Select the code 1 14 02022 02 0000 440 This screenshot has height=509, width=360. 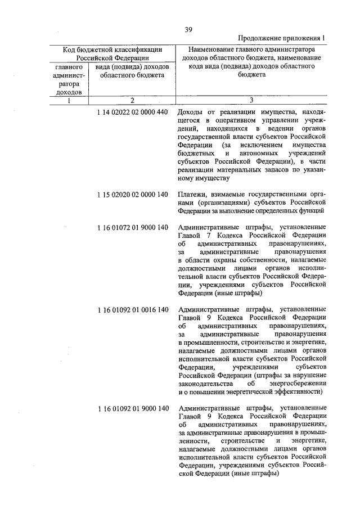pyautogui.click(x=132, y=112)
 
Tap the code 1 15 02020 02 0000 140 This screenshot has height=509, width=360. pyautogui.click(x=132, y=195)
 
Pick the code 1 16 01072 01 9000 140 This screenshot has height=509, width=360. pyautogui.click(x=132, y=227)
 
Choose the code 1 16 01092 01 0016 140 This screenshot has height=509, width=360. pyautogui.click(x=132, y=309)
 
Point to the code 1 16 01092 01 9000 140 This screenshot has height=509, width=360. pyautogui.click(x=132, y=408)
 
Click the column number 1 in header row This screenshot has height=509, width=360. pyautogui.click(x=69, y=100)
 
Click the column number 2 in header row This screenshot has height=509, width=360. pyautogui.click(x=131, y=100)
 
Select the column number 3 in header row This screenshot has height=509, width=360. pyautogui.click(x=251, y=100)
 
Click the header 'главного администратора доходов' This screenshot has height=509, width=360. pyautogui.click(x=69, y=79)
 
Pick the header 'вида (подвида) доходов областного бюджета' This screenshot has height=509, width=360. pyautogui.click(x=132, y=71)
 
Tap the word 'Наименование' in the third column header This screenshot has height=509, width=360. pyautogui.click(x=208, y=49)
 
